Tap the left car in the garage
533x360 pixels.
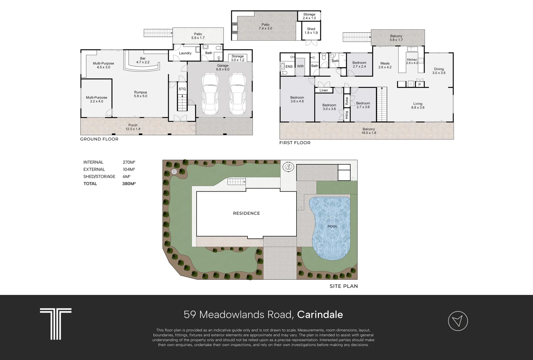tap(210, 94)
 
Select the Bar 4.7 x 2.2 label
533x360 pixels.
tap(143, 60)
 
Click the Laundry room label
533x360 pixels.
tap(185, 53)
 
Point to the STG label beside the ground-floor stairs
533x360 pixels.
tap(182, 89)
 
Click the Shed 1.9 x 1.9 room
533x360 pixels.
tap(311, 31)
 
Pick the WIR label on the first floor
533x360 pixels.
tap(300, 66)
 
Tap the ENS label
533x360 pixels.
tap(289, 67)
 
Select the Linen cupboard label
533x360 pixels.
tap(324, 90)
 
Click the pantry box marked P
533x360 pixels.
tap(420, 84)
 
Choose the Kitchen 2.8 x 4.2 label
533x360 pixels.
tap(412, 61)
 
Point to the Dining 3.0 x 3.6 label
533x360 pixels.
tap(439, 71)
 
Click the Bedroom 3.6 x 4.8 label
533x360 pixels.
tap(297, 99)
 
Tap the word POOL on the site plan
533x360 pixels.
tap(333, 226)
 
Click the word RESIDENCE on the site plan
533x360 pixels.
tap(246, 213)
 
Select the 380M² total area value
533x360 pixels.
tap(129, 184)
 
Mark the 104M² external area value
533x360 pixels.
tap(129, 169)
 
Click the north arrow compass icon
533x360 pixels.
tap(458, 321)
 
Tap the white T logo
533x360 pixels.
tap(56, 324)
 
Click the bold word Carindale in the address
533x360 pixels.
tap(320, 315)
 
